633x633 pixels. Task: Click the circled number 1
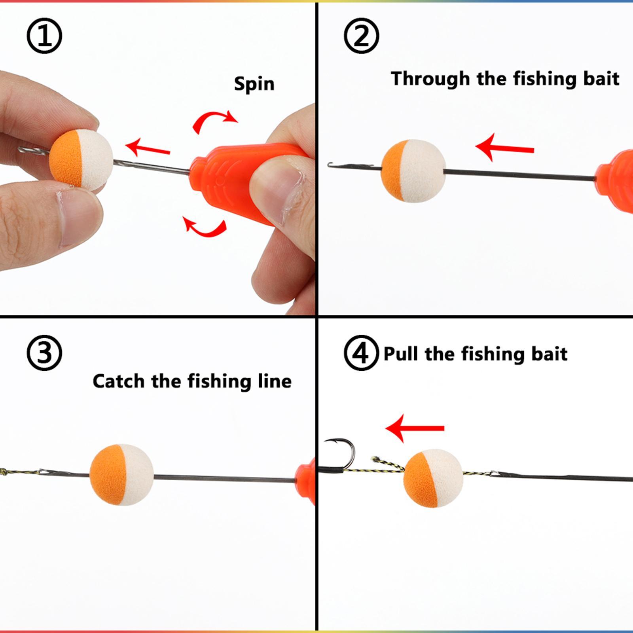44,36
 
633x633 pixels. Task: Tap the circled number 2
361,36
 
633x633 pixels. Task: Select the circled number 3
44,353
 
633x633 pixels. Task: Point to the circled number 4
360,353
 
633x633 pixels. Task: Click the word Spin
254,84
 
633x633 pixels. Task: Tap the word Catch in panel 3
118,381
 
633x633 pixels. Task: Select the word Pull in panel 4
401,353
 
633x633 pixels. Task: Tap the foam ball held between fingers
81,158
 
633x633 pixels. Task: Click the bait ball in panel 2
413,171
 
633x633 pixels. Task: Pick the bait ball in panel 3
121,474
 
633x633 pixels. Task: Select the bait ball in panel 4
433,478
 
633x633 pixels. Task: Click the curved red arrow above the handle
214,120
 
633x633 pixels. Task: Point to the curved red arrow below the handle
206,227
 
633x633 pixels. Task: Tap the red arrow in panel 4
415,428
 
